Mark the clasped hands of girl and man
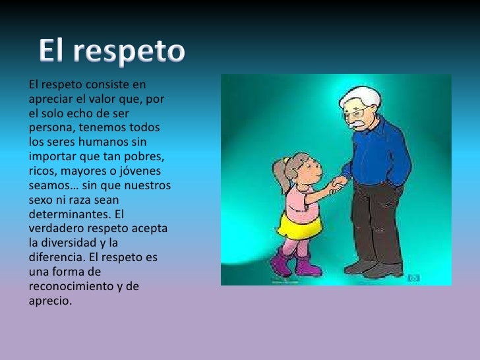(337, 182)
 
